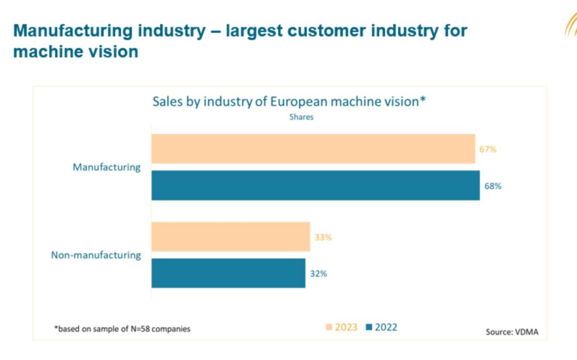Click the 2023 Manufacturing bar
tap(313, 149)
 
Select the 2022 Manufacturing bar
tap(315, 185)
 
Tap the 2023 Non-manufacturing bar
tap(230, 237)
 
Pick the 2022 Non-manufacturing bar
tap(228, 273)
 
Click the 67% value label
tap(488, 149)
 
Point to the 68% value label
tap(492, 186)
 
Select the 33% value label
tap(323, 237)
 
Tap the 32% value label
tap(318, 274)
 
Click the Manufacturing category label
tap(106, 167)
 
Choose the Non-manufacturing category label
tap(96, 255)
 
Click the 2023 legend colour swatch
tap(330, 327)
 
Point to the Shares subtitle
tap(301, 118)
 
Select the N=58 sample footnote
tap(122, 328)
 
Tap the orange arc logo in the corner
tap(570, 25)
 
